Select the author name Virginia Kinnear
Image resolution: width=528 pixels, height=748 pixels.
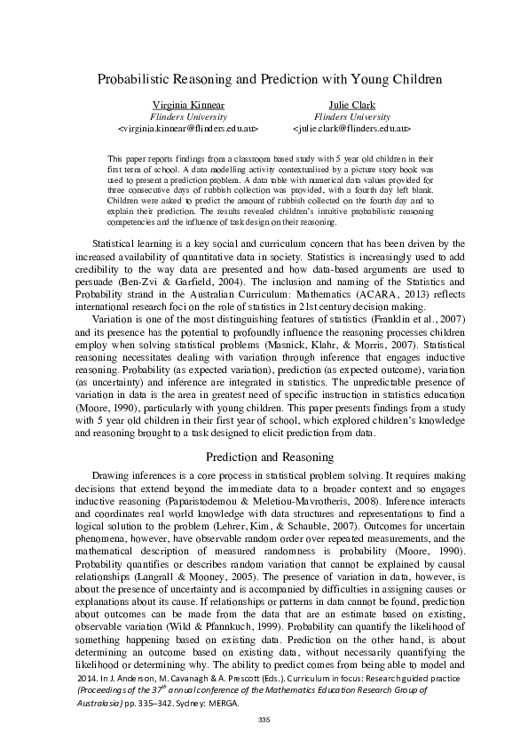coord(188,105)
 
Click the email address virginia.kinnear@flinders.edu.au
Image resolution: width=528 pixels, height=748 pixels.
coord(188,128)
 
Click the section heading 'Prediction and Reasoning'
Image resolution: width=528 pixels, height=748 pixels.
coord(264,458)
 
